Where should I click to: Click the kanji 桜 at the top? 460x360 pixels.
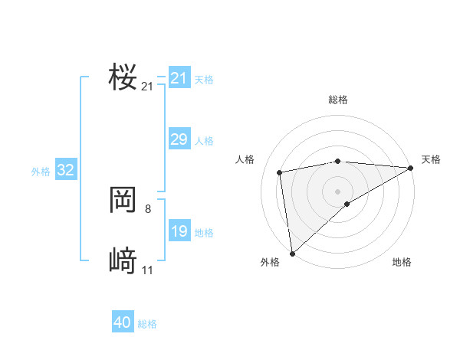click(123, 78)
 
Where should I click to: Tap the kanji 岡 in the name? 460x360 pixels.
click(123, 201)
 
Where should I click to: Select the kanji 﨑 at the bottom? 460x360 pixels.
click(123, 261)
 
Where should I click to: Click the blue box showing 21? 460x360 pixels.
click(179, 78)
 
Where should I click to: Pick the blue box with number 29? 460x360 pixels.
click(179, 139)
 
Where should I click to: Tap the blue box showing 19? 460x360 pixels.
click(179, 231)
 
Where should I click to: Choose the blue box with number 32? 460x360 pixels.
click(65, 170)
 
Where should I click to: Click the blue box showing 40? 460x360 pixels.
click(123, 322)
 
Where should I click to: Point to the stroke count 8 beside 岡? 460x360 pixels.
click(148, 208)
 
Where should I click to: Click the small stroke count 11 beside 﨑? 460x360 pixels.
click(147, 270)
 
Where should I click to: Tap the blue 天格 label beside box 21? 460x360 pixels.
click(204, 80)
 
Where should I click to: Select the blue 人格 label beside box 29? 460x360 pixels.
click(204, 141)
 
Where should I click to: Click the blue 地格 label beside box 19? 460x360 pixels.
click(204, 233)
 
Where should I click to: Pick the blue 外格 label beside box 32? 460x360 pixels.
click(41, 172)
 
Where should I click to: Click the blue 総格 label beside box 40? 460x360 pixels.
click(147, 324)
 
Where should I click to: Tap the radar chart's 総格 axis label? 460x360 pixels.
click(337, 100)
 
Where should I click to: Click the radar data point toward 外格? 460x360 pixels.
click(292, 254)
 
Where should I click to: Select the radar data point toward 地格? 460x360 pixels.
click(347, 204)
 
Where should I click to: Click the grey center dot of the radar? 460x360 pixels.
click(337, 191)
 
